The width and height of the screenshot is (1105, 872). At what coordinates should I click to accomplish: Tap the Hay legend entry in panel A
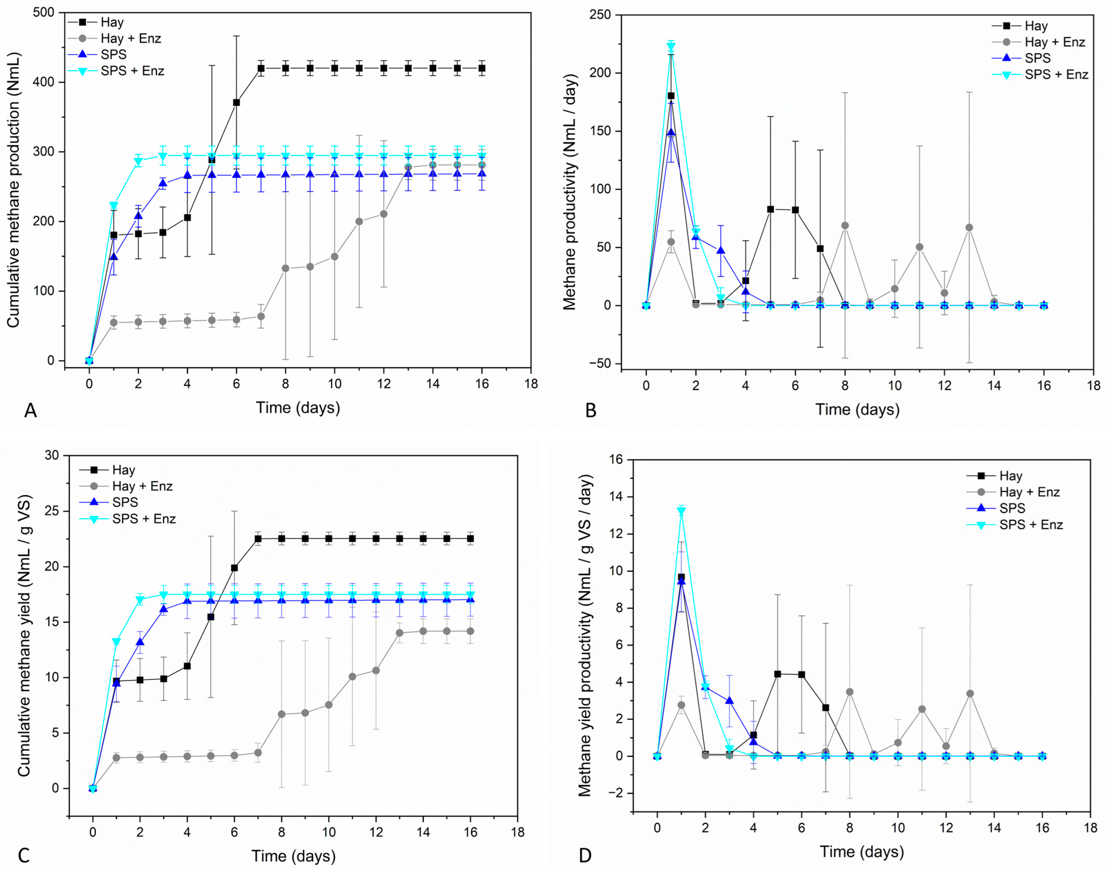pyautogui.click(x=112, y=22)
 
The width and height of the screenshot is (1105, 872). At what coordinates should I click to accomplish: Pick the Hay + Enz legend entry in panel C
pyautogui.click(x=142, y=486)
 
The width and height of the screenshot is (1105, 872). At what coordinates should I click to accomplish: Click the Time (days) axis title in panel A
pyautogui.click(x=298, y=407)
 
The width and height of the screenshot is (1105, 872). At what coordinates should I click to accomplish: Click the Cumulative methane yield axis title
pyautogui.click(x=24, y=636)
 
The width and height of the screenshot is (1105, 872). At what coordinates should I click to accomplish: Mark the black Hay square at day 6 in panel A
pyautogui.click(x=236, y=103)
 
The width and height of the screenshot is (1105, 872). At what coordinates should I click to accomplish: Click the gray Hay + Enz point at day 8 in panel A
pyautogui.click(x=285, y=269)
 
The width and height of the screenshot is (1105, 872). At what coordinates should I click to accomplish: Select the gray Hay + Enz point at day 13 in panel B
pyautogui.click(x=969, y=228)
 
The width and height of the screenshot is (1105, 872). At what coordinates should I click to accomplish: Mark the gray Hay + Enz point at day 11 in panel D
pyautogui.click(x=922, y=709)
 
